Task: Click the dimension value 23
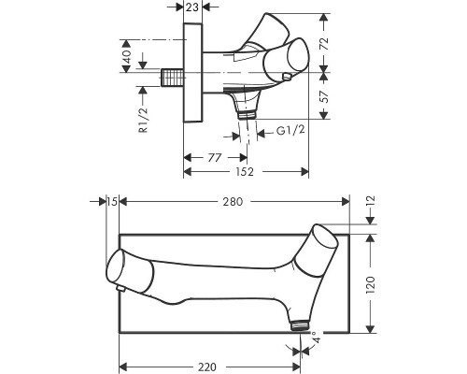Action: [192, 7]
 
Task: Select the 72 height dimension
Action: [324, 44]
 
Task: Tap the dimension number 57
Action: [324, 97]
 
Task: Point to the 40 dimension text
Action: [127, 56]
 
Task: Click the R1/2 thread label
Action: [143, 120]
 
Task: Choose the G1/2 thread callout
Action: [290, 130]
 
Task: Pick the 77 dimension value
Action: [215, 158]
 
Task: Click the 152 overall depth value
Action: [245, 172]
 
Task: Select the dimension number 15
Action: [112, 202]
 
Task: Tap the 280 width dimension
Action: [233, 202]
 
